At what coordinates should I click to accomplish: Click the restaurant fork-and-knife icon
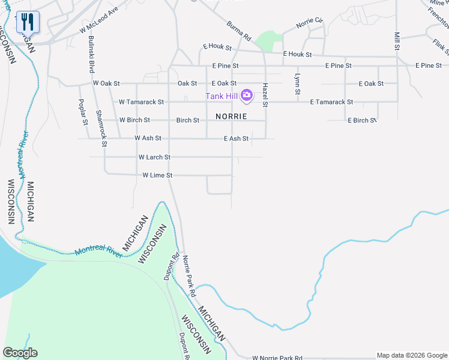[x=28, y=23]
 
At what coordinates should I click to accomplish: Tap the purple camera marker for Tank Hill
[x=246, y=95]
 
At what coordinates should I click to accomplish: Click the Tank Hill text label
[x=221, y=96]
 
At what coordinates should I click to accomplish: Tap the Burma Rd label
[x=239, y=32]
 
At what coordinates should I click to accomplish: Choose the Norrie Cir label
[x=310, y=24]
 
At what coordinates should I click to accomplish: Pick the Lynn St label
[x=297, y=84]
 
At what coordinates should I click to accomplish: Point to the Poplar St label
[x=84, y=113]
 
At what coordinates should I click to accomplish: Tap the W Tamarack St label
[x=142, y=102]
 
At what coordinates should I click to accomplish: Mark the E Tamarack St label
[x=331, y=102]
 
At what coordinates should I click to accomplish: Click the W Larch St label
[x=154, y=157]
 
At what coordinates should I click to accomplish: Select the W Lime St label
[x=157, y=175]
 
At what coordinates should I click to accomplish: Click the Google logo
[x=20, y=353]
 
